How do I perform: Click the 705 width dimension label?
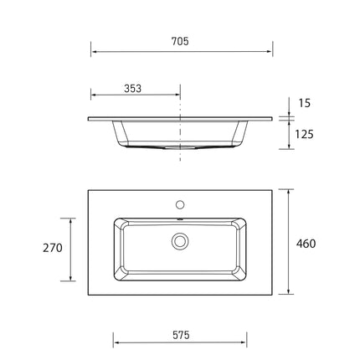click(x=180, y=41)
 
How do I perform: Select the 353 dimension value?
click(x=131, y=89)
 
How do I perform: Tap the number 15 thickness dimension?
click(x=303, y=103)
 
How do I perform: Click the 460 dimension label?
click(x=306, y=244)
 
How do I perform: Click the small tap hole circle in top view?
click(x=180, y=204)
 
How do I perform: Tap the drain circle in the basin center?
click(x=180, y=242)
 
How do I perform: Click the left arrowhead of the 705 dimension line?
click(x=93, y=52)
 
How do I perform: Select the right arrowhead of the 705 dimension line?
click(x=270, y=52)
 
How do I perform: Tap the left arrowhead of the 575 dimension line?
click(x=116, y=342)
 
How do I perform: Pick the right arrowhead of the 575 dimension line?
click(x=244, y=342)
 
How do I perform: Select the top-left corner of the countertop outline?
click(x=89, y=190)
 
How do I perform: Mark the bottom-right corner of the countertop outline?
click(x=271, y=296)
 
